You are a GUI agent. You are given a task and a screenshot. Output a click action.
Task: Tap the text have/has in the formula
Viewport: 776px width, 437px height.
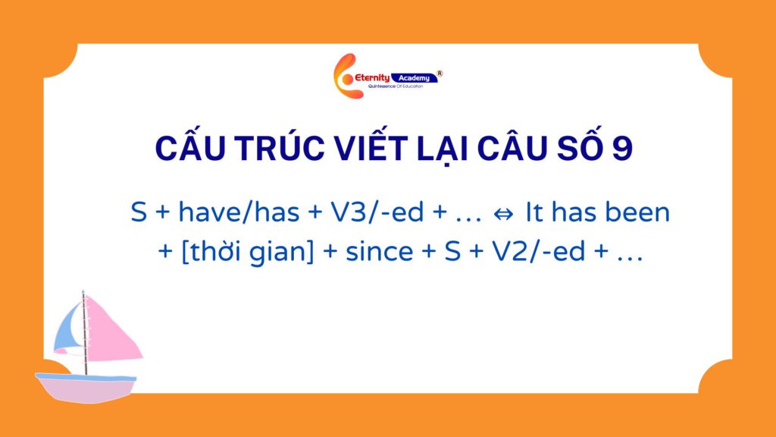pos(239,212)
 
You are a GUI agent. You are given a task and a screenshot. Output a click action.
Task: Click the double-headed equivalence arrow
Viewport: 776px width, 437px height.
pos(503,214)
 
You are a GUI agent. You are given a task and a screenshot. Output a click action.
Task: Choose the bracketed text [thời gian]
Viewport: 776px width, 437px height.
pos(248,252)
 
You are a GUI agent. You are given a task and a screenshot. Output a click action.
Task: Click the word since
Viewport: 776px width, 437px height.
pos(379,252)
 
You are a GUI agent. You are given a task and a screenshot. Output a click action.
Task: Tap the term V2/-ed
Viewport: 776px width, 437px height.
pos(539,252)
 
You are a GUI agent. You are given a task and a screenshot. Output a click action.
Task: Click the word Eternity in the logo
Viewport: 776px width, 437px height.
pos(372,78)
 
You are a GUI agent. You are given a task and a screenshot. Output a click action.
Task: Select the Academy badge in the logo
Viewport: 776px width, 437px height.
pos(415,78)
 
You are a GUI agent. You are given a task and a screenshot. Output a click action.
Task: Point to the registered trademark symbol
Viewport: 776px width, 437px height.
pos(440,74)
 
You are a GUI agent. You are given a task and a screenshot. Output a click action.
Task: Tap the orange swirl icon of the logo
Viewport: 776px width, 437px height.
pos(346,77)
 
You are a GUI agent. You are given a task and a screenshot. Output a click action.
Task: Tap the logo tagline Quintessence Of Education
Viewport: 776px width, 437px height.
pos(396,86)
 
